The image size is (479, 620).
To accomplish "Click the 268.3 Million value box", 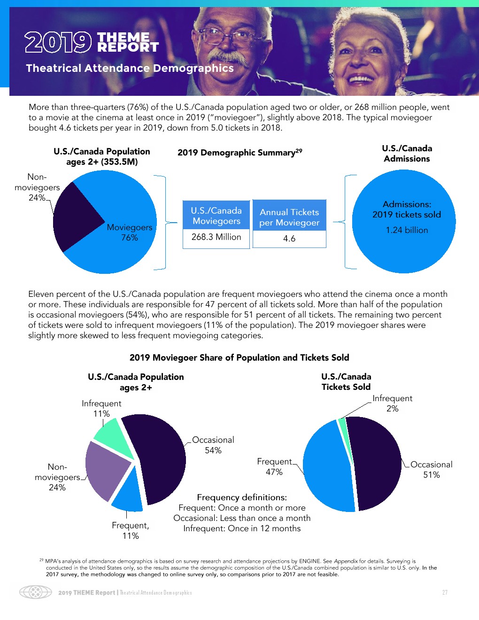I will (x=216, y=237).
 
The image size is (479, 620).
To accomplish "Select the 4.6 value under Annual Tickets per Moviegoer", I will (x=289, y=239).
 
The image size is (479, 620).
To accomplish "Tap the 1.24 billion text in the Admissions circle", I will (x=407, y=230).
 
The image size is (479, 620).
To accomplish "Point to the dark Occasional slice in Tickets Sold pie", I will (x=378, y=463).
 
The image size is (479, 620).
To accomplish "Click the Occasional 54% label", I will (x=213, y=445).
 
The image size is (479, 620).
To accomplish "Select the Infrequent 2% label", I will (x=392, y=403).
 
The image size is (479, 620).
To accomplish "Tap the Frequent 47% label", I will (x=274, y=467).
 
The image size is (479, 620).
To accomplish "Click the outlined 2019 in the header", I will (x=58, y=42).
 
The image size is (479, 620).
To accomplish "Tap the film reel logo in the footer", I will (x=35, y=592).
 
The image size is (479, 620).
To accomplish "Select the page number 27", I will (x=445, y=592).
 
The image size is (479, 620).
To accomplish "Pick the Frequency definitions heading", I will (x=242, y=497).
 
